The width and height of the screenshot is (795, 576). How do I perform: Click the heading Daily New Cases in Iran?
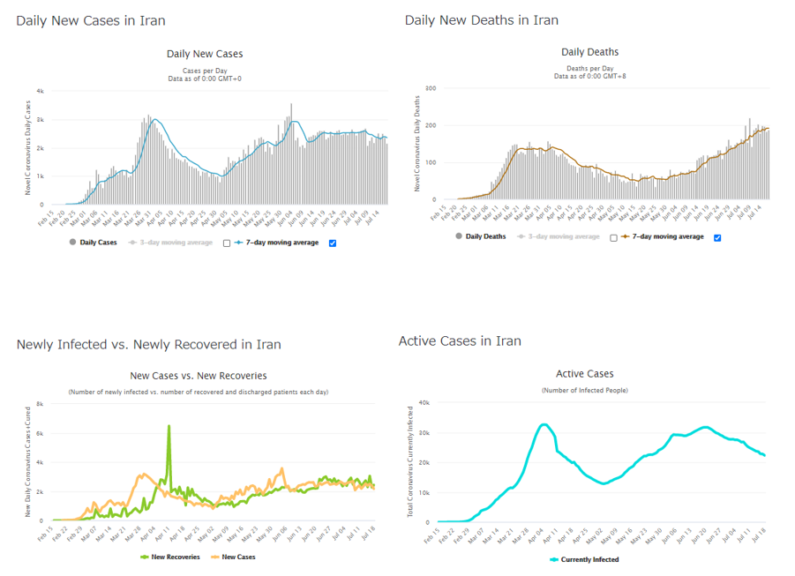point(90,20)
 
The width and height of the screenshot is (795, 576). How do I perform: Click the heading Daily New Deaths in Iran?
point(481,20)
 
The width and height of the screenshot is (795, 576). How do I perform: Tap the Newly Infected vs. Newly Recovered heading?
point(148,344)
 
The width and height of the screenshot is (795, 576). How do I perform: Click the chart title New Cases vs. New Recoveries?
point(198,376)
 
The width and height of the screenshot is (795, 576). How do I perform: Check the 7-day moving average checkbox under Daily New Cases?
point(333,243)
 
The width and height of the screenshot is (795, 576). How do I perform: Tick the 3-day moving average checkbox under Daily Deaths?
point(613,237)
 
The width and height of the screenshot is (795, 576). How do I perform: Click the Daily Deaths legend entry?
point(480,236)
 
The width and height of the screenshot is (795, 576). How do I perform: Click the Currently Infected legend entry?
point(584,559)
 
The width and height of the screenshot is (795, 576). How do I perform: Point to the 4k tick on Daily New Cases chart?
point(41,91)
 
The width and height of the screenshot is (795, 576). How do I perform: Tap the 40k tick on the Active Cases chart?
point(424,403)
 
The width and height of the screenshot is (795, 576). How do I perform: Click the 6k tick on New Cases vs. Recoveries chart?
point(41,433)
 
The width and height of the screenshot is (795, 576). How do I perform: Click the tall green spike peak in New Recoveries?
point(169,426)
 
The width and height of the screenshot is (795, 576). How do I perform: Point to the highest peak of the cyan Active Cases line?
point(544,424)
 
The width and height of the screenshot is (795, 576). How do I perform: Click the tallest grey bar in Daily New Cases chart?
point(291,105)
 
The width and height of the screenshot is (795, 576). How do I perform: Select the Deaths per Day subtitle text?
point(589,68)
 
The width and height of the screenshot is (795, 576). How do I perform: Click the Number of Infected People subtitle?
point(584,390)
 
